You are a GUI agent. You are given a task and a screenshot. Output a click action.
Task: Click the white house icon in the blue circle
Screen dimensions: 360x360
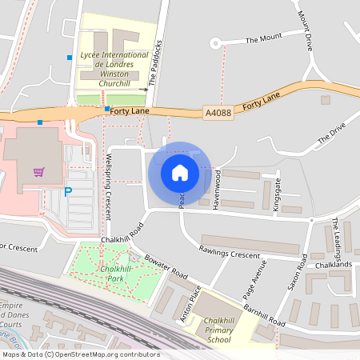[x=180, y=172]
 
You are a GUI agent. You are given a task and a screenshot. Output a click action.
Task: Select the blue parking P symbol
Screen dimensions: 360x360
[x=66, y=192]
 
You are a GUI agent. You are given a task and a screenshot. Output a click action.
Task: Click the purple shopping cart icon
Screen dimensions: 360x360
[x=38, y=171]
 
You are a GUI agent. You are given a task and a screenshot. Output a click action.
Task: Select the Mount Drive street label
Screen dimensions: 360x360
[x=306, y=31]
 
